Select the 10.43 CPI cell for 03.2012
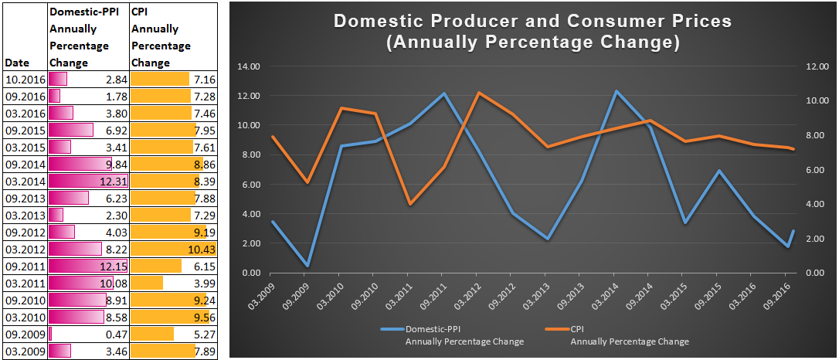202,249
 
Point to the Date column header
18,63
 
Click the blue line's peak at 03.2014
615,91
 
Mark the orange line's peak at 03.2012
477,93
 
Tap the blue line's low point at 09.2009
307,266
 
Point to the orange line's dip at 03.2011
409,204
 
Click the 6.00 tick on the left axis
252,185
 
